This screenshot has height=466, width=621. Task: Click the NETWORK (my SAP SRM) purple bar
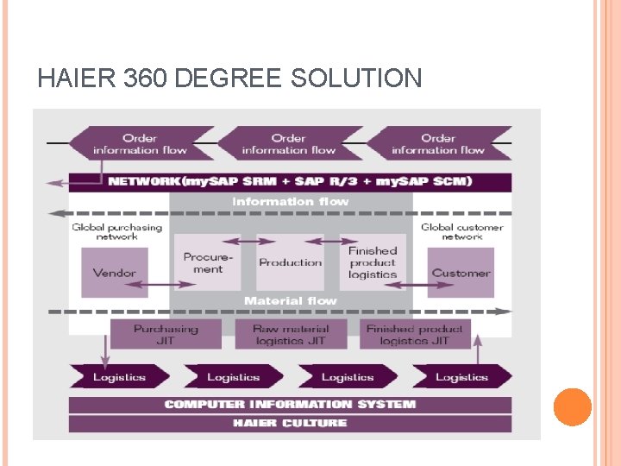291,182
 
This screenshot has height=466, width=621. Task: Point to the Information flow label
290,202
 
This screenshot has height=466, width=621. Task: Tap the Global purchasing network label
116,231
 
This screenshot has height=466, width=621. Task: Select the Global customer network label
461,231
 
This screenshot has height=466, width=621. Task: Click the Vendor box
115,272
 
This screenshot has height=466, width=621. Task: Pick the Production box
290,262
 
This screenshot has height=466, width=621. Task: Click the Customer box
461,272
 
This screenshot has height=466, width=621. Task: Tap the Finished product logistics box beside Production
373,262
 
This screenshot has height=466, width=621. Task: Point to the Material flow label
290,301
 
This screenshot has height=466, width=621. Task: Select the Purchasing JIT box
166,334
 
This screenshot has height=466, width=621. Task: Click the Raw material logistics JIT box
290,334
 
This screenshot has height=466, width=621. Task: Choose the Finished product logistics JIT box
414,334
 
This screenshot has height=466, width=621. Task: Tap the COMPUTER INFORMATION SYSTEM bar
290,404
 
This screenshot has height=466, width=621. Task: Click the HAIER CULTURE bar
290,423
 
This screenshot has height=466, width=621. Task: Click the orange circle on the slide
572,407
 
